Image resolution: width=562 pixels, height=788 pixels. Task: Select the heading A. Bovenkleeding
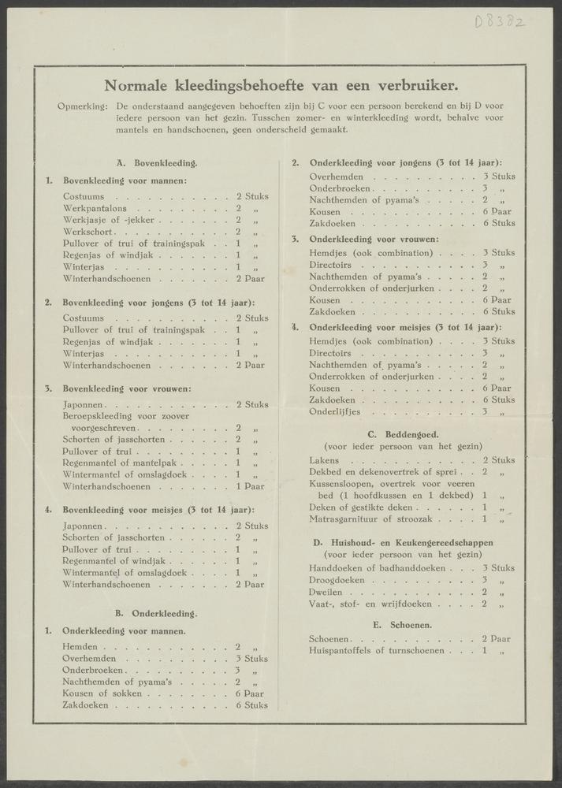point(156,163)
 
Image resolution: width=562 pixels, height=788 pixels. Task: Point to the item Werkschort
point(90,232)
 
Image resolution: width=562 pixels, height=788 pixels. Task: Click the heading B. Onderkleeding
point(156,613)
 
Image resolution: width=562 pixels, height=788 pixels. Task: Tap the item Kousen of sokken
point(102,693)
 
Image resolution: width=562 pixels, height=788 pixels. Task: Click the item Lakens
point(325,460)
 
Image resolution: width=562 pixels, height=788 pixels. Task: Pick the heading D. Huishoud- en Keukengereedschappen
point(403,542)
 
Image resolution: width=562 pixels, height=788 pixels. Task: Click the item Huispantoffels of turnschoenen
point(378,652)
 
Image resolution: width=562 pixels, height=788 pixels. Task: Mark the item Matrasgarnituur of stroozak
point(371,519)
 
